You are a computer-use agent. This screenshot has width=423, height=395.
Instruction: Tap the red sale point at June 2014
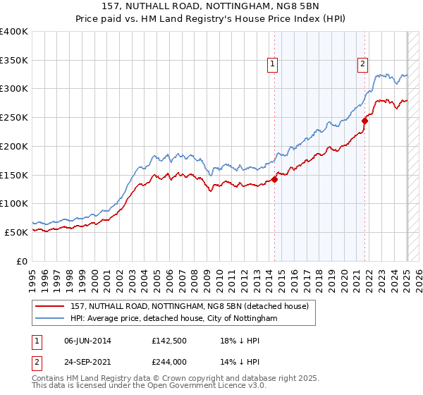274,179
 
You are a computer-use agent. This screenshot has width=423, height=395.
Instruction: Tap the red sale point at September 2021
365,121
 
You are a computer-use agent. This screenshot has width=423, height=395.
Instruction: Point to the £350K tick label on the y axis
14,61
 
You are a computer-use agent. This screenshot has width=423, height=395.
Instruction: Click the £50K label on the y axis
17,232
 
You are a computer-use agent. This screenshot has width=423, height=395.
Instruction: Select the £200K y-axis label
14,147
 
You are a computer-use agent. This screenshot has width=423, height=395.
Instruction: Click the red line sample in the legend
50,306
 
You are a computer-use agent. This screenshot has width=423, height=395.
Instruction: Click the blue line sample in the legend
50,319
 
